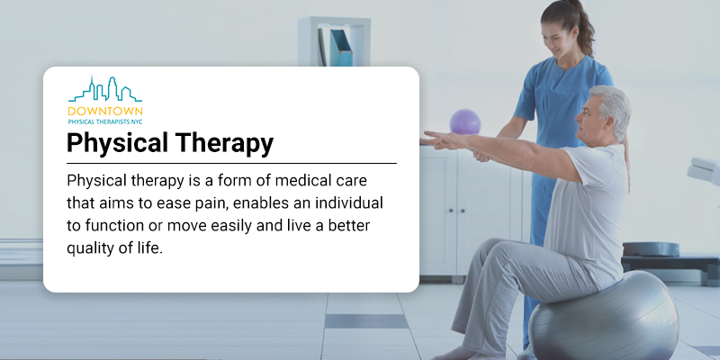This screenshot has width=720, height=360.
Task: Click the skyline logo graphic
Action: click(x=105, y=88)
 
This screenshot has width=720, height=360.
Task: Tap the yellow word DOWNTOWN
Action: click(x=105, y=111)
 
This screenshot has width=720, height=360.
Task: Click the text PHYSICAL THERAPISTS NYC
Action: click(x=105, y=122)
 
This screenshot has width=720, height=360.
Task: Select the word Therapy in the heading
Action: click(x=221, y=143)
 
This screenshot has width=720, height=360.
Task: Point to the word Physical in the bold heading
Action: click(x=117, y=143)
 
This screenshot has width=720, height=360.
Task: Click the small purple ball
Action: click(x=465, y=121)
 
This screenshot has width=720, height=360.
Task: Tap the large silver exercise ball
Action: click(x=604, y=316)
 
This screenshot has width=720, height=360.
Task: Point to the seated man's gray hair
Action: click(x=611, y=109)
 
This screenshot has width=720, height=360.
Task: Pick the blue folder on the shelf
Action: click(x=341, y=48)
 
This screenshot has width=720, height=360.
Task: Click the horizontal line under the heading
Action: click(x=231, y=163)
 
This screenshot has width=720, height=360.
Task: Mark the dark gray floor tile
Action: click(x=366, y=321)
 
